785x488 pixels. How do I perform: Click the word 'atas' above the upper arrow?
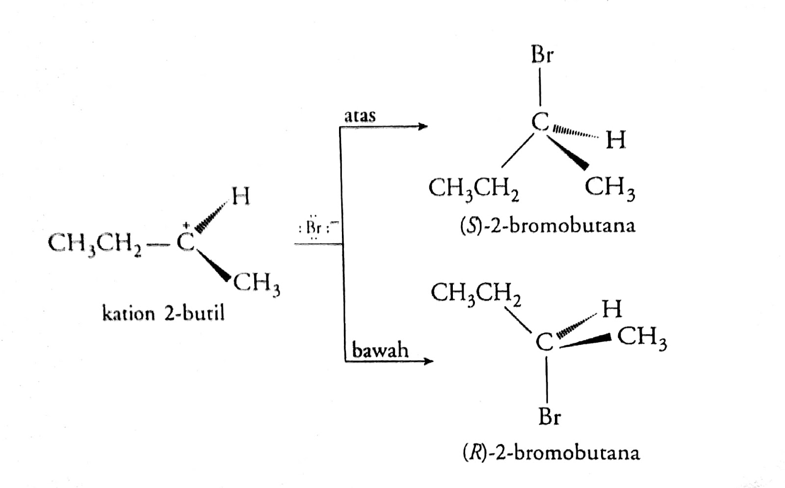360,116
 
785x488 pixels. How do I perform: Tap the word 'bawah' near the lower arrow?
380,350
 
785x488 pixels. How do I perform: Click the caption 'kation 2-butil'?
163,312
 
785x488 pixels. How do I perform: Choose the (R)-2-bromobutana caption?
551,452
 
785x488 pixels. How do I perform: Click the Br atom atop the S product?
541,55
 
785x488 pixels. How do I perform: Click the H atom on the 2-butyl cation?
240,197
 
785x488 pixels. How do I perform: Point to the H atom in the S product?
616,140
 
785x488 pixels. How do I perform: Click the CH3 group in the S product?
609,188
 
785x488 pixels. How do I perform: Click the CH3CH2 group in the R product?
476,294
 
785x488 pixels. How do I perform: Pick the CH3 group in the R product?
642,337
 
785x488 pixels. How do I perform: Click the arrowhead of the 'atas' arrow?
422,127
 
